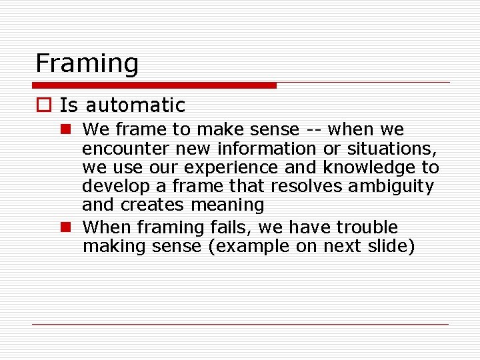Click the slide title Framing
coord(87,64)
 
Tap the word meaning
coord(227,205)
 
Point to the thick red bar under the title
coord(155,85)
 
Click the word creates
coord(154,205)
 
